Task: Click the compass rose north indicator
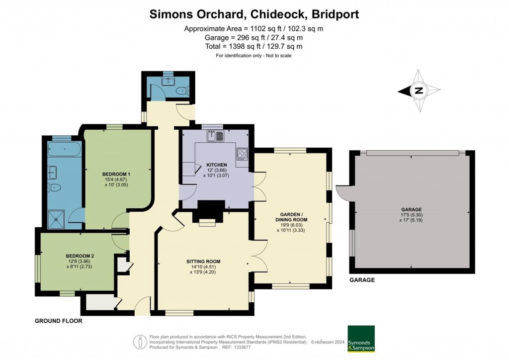click(x=419, y=90)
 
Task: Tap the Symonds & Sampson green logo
click(x=361, y=339)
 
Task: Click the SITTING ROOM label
click(x=203, y=262)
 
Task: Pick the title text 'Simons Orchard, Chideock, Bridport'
click(x=254, y=14)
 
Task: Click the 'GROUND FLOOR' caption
click(x=58, y=321)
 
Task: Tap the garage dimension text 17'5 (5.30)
click(x=412, y=215)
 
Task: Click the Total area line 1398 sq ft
click(x=254, y=46)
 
